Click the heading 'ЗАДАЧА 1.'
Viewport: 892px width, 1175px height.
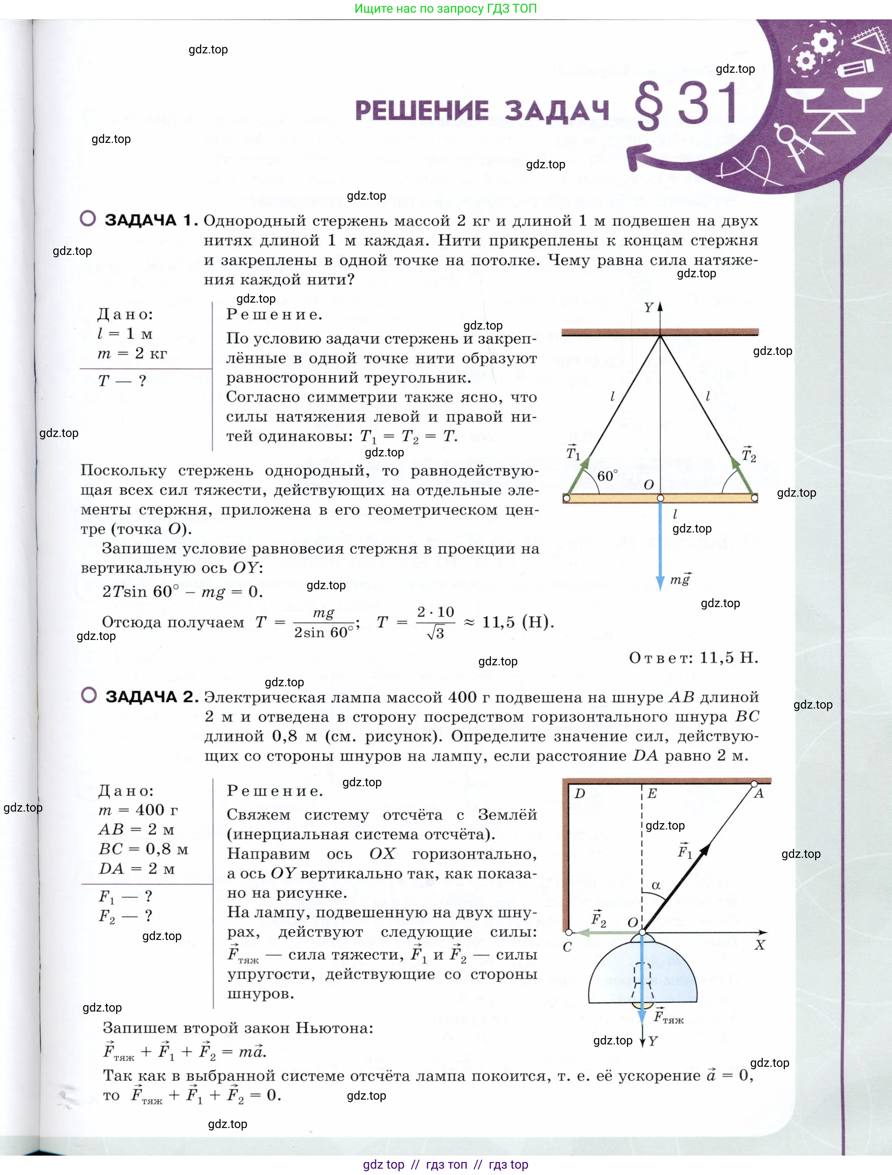(151, 220)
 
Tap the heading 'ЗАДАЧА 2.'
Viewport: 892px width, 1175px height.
(152, 696)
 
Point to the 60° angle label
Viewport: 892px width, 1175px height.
(607, 475)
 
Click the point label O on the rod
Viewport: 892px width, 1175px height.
(649, 484)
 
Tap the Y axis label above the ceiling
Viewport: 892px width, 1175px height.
(648, 307)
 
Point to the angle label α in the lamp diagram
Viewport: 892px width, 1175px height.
(656, 885)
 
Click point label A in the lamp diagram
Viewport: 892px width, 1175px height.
(759, 794)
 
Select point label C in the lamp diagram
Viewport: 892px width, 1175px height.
(567, 947)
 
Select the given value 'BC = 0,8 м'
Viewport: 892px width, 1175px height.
(143, 849)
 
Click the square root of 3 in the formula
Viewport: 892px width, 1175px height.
(435, 633)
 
